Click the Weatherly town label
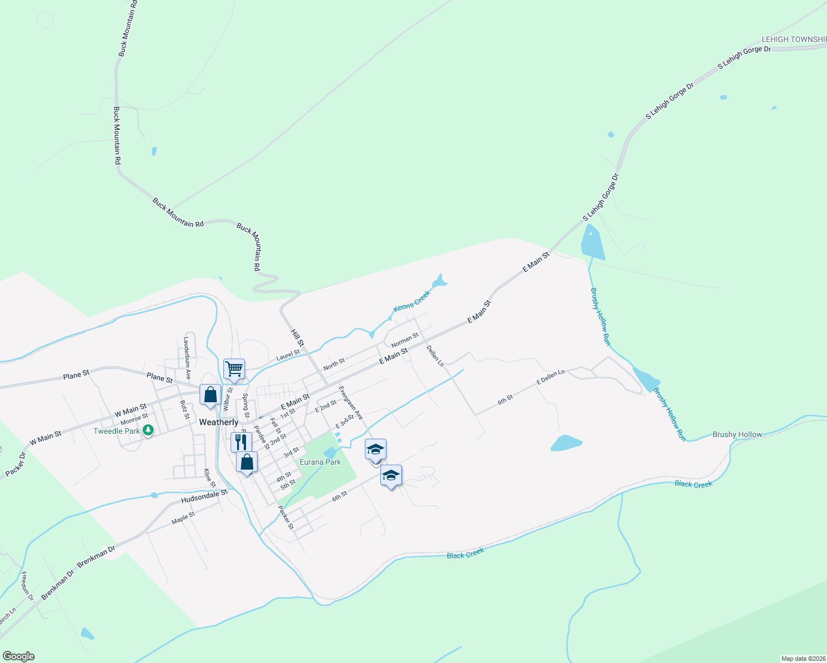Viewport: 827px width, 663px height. (x=218, y=422)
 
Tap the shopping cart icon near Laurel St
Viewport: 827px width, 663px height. (x=234, y=369)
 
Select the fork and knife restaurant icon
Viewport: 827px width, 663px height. (x=241, y=442)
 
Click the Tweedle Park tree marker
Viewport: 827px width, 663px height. (x=148, y=430)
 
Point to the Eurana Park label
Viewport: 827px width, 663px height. (x=320, y=462)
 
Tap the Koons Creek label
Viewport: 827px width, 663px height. (x=411, y=301)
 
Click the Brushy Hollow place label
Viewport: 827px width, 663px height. (x=737, y=434)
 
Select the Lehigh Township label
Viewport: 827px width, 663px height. (x=794, y=39)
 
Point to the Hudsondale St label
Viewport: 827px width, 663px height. (x=204, y=496)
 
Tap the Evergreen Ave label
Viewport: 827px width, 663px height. (x=350, y=402)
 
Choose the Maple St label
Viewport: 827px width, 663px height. (x=183, y=518)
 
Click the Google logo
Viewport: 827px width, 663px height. (x=19, y=656)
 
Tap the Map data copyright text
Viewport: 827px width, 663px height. (x=803, y=659)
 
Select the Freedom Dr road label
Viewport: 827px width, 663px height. (x=27, y=586)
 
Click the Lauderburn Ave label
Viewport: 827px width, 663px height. (x=187, y=357)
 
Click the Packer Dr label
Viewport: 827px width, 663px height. (x=15, y=465)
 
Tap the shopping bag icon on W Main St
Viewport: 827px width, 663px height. (x=210, y=395)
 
